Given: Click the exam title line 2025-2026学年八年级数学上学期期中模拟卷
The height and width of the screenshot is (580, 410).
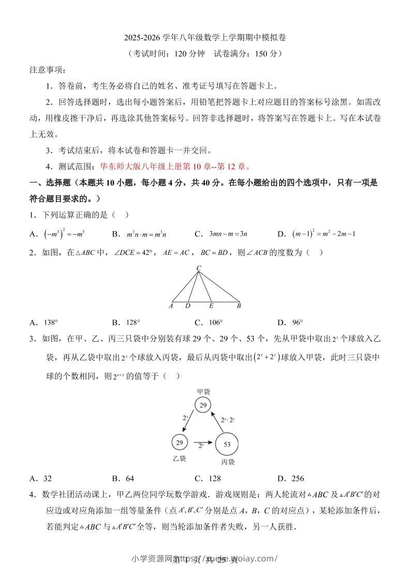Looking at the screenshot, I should coord(205,38).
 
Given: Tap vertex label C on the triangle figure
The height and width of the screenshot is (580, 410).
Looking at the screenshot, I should coord(199,268).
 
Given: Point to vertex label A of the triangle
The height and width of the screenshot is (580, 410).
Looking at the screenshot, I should coord(171,306).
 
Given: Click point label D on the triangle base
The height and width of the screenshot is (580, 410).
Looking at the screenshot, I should coord(188,306).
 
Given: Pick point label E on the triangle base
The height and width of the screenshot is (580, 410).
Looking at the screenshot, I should coord(211,306).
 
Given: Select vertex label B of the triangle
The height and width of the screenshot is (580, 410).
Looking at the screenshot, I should coord(239,306).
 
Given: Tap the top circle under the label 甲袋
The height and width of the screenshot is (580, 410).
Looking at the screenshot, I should coord(203,405).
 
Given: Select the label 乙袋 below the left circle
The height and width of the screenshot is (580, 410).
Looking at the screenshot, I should coord(179,459).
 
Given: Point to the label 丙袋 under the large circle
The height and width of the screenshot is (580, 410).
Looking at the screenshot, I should coord(227,462).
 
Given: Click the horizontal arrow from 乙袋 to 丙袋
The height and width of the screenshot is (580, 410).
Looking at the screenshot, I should coord(203,442).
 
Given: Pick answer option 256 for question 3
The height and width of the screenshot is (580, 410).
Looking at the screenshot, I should coord(297,478).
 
